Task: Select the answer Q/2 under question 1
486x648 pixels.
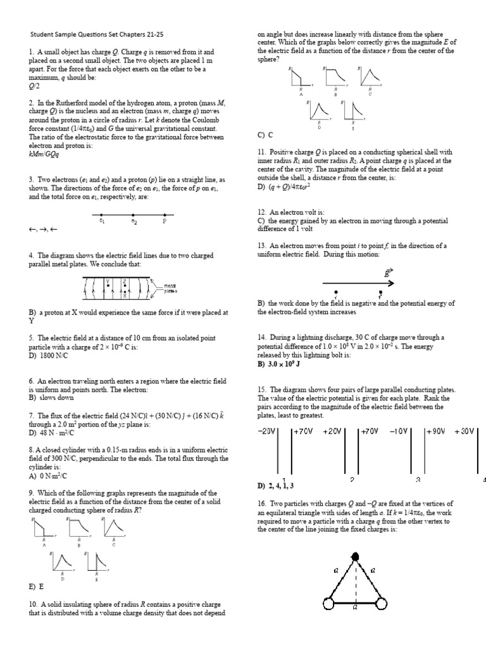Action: pos(34,85)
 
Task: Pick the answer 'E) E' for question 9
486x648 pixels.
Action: pos(36,587)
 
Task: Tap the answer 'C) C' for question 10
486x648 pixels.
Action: pos(265,135)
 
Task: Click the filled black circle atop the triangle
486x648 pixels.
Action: pos(355,556)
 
